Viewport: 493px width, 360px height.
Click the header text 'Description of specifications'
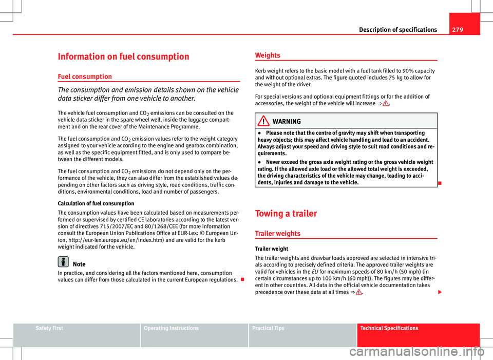click(399, 30)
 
